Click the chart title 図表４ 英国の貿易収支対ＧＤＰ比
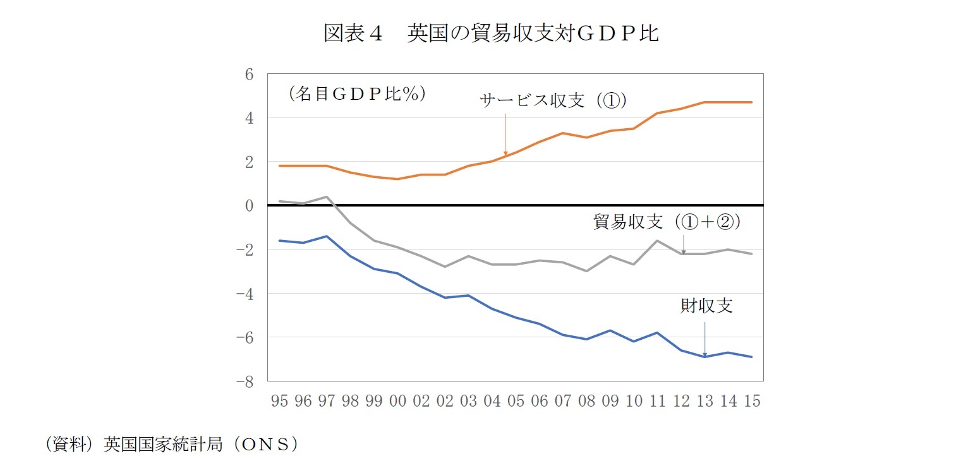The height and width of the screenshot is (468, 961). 491,33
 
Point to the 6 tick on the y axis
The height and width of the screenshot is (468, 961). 249,75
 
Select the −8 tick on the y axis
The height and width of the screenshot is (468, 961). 245,381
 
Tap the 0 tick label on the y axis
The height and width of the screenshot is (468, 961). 249,206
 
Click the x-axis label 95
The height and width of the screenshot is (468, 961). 279,402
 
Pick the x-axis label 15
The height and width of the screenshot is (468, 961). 752,402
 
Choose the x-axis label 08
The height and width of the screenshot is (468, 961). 586,402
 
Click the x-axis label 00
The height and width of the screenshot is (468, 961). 397,402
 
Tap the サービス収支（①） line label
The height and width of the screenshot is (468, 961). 553,100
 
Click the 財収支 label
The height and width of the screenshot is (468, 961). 706,306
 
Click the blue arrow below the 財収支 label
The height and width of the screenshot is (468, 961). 704,338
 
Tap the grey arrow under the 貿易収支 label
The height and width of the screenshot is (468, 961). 683,244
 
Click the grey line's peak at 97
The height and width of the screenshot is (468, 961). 327,196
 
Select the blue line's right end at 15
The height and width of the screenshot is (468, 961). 752,357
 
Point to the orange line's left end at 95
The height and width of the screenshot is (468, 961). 279,165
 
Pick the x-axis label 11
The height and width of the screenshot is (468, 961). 657,402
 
